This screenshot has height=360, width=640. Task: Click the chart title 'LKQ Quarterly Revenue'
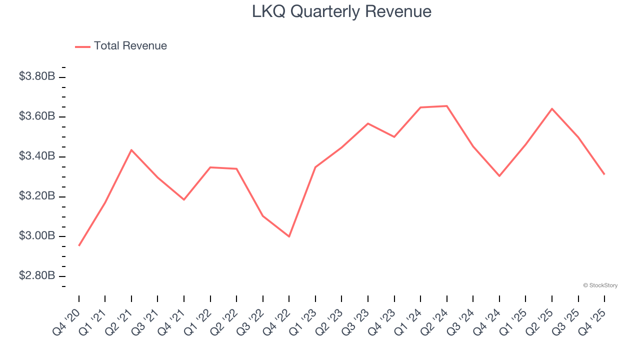pyautogui.click(x=341, y=11)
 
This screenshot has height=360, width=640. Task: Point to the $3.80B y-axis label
pyautogui.click(x=37, y=76)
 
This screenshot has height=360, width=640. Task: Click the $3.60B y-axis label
pyautogui.click(x=37, y=116)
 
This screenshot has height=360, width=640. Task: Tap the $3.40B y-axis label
pyautogui.click(x=37, y=156)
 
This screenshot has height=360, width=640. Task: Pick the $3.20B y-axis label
pyautogui.click(x=37, y=196)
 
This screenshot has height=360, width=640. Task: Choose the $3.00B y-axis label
pyautogui.click(x=37, y=236)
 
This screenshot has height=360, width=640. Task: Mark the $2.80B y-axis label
pyautogui.click(x=37, y=276)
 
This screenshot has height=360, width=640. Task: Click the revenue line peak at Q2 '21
pyautogui.click(x=131, y=150)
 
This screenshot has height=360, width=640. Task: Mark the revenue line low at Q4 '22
pyautogui.click(x=289, y=236)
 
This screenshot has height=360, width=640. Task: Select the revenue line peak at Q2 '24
pyautogui.click(x=447, y=106)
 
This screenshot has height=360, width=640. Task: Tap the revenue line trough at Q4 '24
pyautogui.click(x=499, y=176)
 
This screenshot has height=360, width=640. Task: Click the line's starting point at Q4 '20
pyautogui.click(x=79, y=245)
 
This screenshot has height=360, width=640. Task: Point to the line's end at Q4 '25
pyautogui.click(x=604, y=174)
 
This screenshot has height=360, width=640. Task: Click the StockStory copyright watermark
pyautogui.click(x=600, y=285)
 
